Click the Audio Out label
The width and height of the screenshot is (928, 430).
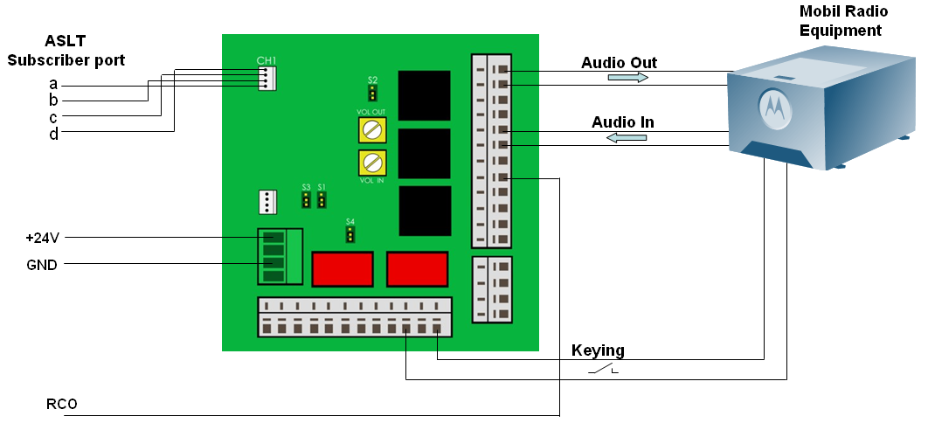tap(619, 63)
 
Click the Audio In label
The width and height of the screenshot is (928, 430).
tap(622, 122)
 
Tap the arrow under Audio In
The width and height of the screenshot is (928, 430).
tap(628, 137)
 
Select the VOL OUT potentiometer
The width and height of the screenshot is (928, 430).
tap(373, 130)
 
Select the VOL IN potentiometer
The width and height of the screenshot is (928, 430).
tap(373, 162)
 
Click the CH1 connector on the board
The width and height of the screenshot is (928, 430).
tap(267, 78)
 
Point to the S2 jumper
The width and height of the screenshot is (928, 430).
tap(372, 92)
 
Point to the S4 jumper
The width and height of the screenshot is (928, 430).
tap(350, 234)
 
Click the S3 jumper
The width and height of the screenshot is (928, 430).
tap(306, 200)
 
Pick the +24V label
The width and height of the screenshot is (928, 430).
tap(43, 238)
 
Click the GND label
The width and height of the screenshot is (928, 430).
tap(42, 264)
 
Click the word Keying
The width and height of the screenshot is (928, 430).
tap(598, 350)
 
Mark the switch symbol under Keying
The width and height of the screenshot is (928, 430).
tap(602, 371)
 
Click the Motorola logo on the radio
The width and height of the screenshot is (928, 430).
tap(772, 106)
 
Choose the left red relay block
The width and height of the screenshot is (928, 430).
tap(343, 268)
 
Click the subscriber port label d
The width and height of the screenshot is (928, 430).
tap(53, 134)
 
